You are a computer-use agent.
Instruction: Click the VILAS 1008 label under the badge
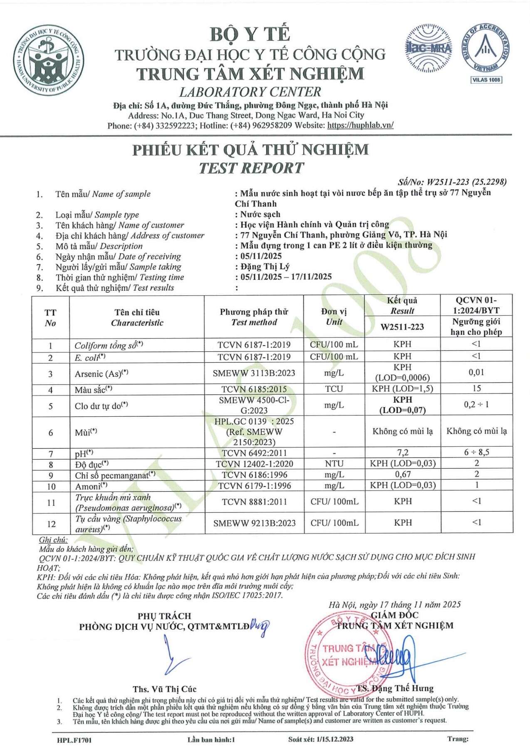coord(486,79)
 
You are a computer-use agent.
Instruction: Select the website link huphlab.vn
coord(360,125)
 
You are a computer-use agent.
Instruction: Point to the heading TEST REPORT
coord(251,168)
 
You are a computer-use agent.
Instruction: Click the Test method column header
coord(254,317)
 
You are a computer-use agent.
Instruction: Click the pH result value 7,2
coord(402,452)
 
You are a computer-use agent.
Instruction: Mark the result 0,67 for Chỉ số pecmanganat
coord(402,475)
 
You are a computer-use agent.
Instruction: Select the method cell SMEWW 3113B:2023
coord(254,373)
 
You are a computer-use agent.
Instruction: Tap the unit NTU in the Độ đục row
coord(334,463)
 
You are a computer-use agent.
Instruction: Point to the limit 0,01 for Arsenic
coord(476,372)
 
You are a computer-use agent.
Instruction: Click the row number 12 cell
coord(51,524)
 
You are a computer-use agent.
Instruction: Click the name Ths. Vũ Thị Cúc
coord(165,689)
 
